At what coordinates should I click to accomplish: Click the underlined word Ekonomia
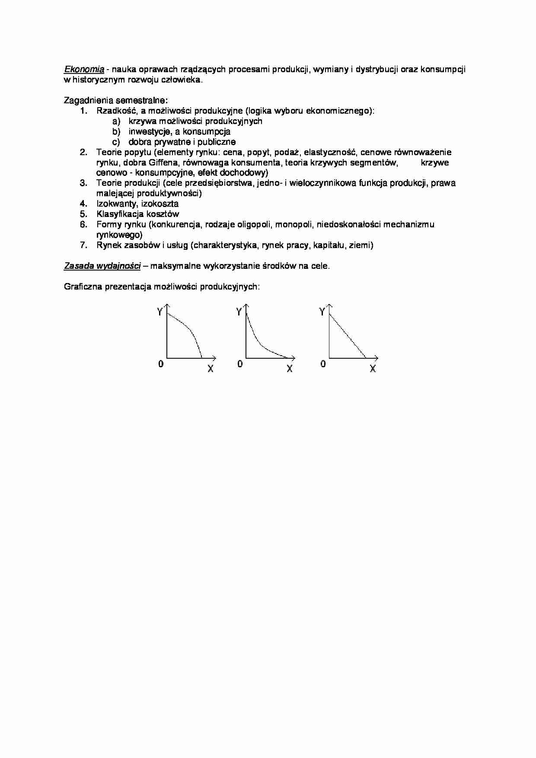[x=84, y=69]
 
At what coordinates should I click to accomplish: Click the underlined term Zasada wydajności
[x=102, y=266]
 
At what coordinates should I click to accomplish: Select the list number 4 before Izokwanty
[x=83, y=204]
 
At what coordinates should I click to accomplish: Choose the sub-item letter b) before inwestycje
[x=116, y=131]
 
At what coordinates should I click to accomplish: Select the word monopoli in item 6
[x=295, y=224]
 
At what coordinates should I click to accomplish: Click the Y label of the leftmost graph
[x=160, y=311]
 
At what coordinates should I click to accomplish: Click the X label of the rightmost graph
[x=373, y=369]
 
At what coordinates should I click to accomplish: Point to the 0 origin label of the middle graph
[x=240, y=364]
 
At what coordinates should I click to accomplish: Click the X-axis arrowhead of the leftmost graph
[x=214, y=358]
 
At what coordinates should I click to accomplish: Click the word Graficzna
[x=82, y=287]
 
